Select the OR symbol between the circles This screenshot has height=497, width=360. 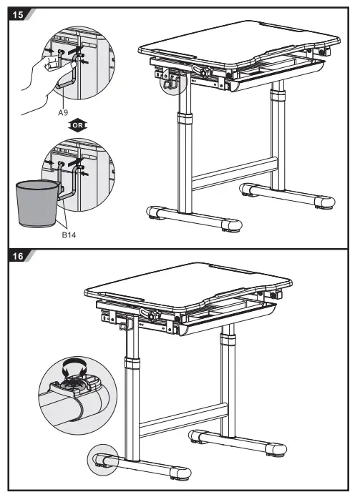[x=77, y=126]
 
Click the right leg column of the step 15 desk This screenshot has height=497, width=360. [x=275, y=136]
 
